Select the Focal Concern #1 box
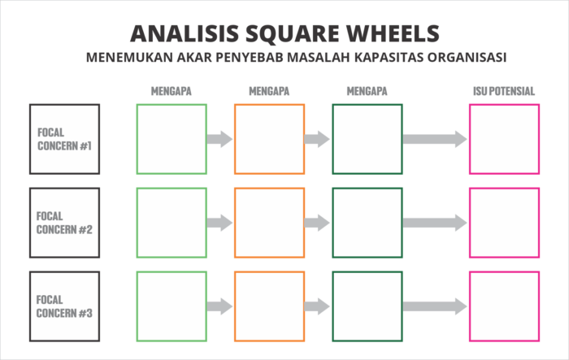[x=65, y=138]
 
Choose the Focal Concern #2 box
[x=65, y=222]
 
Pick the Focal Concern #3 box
[x=65, y=306]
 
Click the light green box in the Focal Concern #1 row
[x=172, y=138]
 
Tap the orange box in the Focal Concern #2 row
[x=269, y=222]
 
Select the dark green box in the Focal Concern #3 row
[x=367, y=306]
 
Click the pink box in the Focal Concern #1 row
[x=505, y=138]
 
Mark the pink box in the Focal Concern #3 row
[x=505, y=306]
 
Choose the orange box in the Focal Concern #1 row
[x=269, y=138]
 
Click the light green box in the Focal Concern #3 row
[x=172, y=306]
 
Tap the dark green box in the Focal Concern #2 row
[x=367, y=222]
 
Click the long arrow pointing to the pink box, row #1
[x=436, y=139]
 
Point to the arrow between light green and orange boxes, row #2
[x=220, y=223]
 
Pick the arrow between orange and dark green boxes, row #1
[x=318, y=139]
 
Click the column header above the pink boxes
[x=504, y=92]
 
